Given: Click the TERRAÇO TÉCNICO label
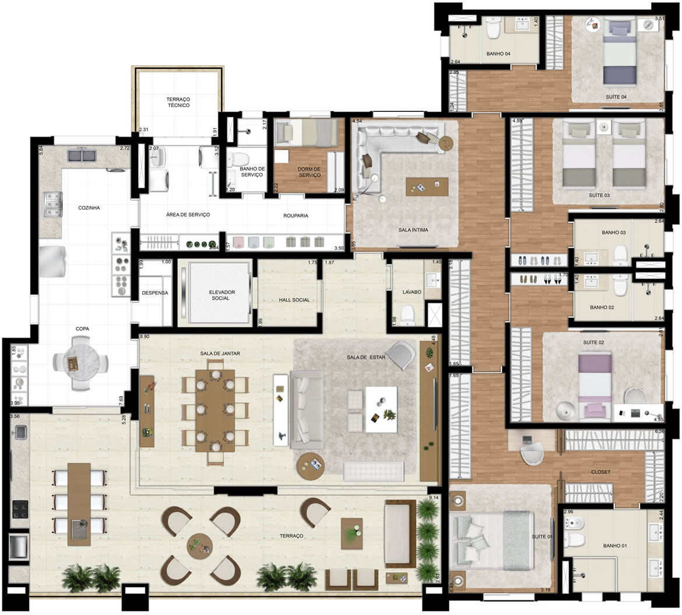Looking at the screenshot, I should (x=178, y=103).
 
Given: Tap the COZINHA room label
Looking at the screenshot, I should (x=89, y=207).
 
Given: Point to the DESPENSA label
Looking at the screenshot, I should (x=154, y=293).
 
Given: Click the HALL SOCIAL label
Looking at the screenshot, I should (x=294, y=300).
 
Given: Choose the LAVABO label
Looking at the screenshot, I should (x=412, y=292).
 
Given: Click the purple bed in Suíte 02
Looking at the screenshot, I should (x=595, y=384).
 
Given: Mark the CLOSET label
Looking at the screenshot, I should (x=600, y=472).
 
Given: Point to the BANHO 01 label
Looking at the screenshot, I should (x=615, y=546).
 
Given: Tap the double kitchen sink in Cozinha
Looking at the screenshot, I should (x=82, y=155).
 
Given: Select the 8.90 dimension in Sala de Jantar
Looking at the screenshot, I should (x=145, y=337).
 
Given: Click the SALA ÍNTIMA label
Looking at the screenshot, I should (x=413, y=230).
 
